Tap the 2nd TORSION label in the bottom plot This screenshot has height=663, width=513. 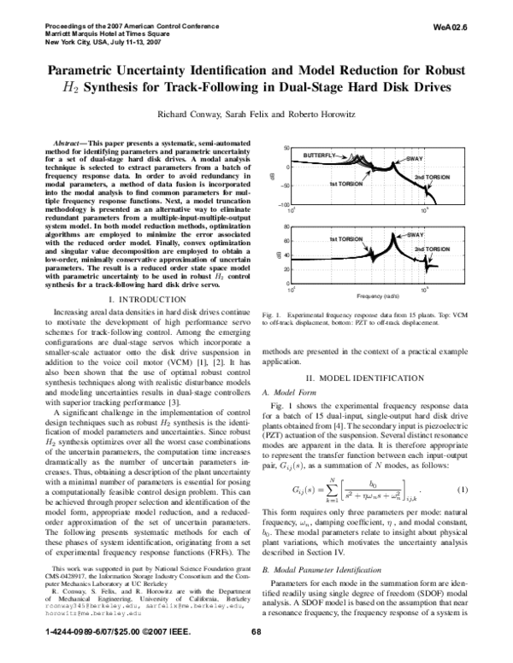click(432, 249)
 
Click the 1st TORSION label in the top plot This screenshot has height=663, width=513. click(346, 183)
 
